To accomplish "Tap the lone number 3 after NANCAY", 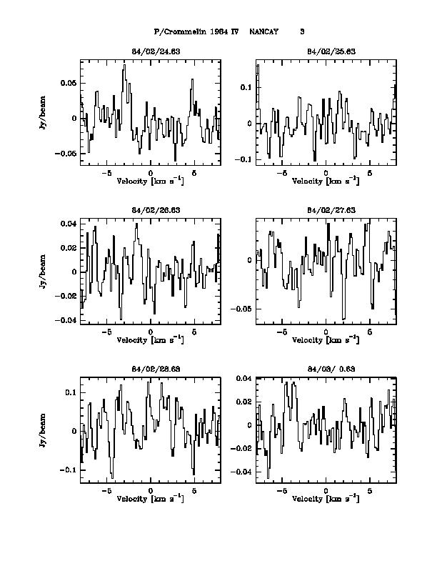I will pos(302,32).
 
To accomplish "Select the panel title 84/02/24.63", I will pos(150,51).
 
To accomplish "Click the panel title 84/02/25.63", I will pos(326,51).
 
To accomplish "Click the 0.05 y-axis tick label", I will pos(69,84).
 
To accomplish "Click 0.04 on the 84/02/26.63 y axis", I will pos(69,224).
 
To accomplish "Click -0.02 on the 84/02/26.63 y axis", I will pos(66,296).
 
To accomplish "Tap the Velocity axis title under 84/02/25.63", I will pos(326,182).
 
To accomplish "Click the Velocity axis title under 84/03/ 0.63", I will pos(326,499).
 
